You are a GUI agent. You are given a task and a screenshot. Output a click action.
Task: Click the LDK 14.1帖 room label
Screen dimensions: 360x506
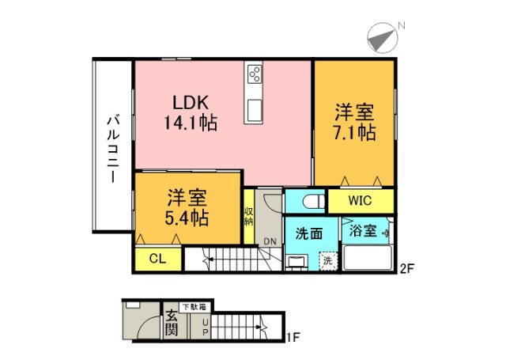pyautogui.click(x=191, y=112)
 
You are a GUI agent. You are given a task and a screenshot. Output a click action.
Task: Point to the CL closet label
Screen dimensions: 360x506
pyautogui.click(x=156, y=258)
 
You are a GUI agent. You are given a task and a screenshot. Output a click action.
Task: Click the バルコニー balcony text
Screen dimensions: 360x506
pyautogui.click(x=112, y=150)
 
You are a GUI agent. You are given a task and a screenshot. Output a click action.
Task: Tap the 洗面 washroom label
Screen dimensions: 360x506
pyautogui.click(x=308, y=234)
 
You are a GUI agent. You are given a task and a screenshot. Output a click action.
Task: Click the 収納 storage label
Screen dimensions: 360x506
pyautogui.click(x=248, y=214)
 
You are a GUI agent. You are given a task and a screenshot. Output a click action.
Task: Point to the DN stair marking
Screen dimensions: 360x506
pyautogui.click(x=270, y=241)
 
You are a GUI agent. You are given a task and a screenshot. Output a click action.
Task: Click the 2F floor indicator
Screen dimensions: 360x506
pyautogui.click(x=406, y=268)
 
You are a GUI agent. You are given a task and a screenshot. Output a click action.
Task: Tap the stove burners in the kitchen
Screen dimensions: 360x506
pyautogui.click(x=255, y=74)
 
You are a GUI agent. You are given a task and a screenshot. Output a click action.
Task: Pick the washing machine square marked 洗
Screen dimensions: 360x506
pyautogui.click(x=327, y=259)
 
